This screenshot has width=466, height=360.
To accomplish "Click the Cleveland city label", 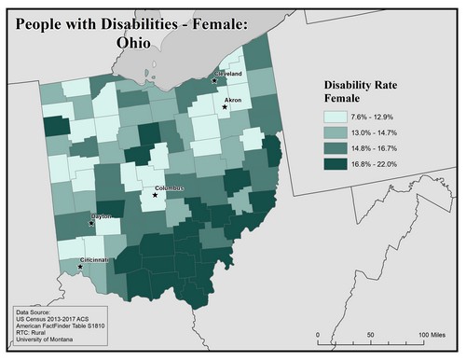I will pos(228,73).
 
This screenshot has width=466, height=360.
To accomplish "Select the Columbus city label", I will pos(171,189).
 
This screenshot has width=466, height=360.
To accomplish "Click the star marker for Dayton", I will pos(90,225).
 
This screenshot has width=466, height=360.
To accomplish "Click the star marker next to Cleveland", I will pos(214,80).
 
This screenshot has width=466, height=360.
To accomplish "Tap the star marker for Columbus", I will pos(155,195).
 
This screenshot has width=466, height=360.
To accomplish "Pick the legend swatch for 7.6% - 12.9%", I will pos(334,118).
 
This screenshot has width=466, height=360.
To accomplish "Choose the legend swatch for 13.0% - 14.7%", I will pos(334,134).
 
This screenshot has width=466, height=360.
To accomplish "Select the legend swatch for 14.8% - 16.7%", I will pos(334,150).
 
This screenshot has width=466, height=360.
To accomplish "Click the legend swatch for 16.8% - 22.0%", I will pos(334,166).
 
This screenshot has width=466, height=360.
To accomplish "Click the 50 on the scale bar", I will pos(370,334).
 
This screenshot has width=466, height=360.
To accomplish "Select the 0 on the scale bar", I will pos(318,334).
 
